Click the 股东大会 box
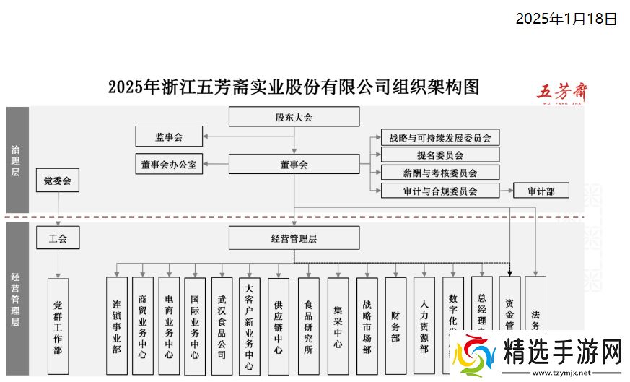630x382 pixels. point(294,117)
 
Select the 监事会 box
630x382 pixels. point(169,136)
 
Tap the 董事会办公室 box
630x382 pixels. point(169,164)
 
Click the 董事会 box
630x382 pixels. point(294,164)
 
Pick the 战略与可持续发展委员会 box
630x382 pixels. point(439,137)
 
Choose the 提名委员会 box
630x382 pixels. point(439,155)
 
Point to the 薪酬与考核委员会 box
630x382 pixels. point(439,173)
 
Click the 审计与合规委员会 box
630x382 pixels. point(439,191)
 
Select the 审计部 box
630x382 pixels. point(541,191)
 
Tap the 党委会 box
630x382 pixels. point(57,181)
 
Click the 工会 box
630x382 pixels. point(57,238)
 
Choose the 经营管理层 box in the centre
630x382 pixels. point(294,238)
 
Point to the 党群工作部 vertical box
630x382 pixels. point(58,326)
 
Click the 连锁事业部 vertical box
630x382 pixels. point(116,326)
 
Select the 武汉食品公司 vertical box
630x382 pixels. point(221,326)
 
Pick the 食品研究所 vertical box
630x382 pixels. point(308,326)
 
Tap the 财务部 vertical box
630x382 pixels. point(395,325)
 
